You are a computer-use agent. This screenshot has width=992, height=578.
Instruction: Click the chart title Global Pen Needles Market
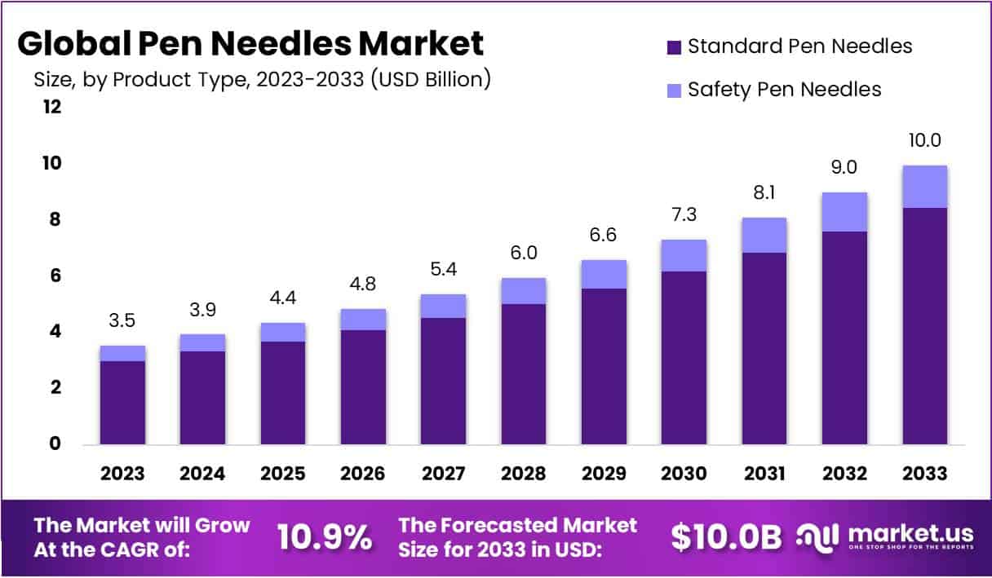[x=250, y=43]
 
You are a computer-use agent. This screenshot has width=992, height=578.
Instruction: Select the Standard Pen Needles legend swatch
[x=674, y=46]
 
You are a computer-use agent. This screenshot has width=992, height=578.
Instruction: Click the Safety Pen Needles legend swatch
[x=674, y=90]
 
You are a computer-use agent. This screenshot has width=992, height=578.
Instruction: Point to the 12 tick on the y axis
[x=51, y=107]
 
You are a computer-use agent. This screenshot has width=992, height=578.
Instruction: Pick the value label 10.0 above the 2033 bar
[x=924, y=140]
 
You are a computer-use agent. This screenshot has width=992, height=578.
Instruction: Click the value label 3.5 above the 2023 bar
[x=123, y=320]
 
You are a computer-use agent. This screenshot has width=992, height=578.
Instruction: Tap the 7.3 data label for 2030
[x=684, y=214]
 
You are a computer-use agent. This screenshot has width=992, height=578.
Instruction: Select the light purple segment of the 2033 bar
[x=924, y=187]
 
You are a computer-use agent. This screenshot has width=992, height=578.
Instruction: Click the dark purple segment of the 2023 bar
[x=123, y=403]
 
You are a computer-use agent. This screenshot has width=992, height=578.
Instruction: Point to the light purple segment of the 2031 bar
[x=764, y=235]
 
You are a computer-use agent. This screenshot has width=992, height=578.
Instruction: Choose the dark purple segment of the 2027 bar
[x=444, y=381]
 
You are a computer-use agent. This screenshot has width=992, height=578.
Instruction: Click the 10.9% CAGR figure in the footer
[x=325, y=537]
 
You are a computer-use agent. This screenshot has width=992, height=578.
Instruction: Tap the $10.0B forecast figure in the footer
[x=726, y=537]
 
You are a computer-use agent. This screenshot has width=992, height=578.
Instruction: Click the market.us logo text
[x=910, y=534]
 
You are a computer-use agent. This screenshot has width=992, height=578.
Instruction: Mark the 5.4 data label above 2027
[x=444, y=269]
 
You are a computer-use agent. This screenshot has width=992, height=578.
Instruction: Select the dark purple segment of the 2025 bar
[x=283, y=393]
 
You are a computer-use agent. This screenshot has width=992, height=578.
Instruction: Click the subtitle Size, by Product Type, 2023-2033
[x=261, y=80]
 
